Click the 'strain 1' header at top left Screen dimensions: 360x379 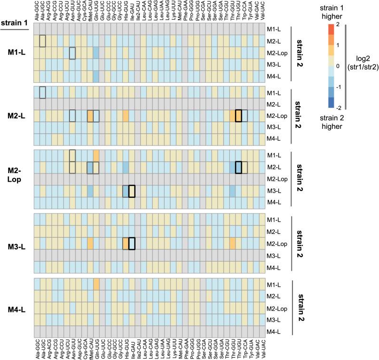(13, 23)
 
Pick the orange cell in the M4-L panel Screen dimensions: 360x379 (96, 284)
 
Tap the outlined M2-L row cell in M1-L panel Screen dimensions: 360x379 (42, 41)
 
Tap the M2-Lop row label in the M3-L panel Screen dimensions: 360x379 (273, 244)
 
